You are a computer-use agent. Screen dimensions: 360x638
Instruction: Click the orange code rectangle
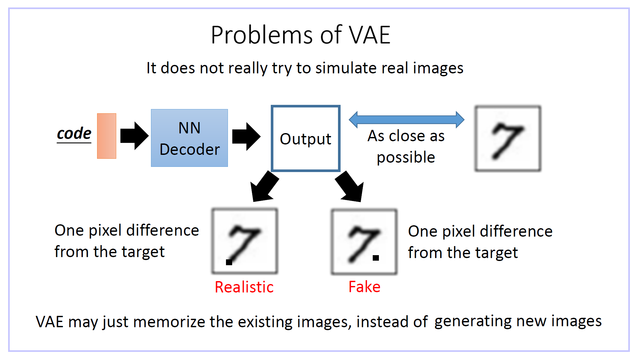(106, 136)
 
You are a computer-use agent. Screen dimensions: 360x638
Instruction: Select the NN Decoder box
(189, 138)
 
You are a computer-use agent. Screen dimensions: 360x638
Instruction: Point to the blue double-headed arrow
(406, 119)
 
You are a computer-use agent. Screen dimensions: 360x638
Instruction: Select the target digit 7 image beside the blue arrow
(508, 139)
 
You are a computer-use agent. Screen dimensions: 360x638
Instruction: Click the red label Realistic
(244, 287)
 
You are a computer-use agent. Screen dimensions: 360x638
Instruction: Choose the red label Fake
(364, 287)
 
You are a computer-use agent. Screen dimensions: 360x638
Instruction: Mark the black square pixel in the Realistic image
(229, 262)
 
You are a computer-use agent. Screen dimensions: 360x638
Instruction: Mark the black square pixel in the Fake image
(376, 258)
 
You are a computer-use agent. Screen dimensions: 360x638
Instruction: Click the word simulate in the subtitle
(346, 68)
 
